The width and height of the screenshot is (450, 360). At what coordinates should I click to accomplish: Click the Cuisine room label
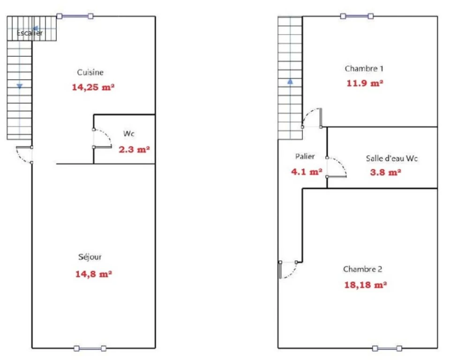[90, 72]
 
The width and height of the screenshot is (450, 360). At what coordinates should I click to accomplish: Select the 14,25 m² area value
[93, 87]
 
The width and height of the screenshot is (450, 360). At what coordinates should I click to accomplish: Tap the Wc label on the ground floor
[129, 134]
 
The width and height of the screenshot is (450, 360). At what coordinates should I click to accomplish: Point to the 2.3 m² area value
[135, 150]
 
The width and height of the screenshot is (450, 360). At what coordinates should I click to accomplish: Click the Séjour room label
[90, 257]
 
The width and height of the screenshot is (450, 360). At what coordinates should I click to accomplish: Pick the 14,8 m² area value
[94, 274]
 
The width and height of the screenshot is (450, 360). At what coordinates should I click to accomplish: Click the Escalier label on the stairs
[30, 33]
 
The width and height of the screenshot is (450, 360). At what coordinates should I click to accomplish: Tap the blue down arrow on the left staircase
[20, 86]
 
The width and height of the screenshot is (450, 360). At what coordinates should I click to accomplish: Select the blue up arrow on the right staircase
[290, 82]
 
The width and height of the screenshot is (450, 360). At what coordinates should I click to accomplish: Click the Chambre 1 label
[364, 68]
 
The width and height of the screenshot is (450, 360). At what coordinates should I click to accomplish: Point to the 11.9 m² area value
[365, 83]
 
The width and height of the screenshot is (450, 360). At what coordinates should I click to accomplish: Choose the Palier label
[305, 157]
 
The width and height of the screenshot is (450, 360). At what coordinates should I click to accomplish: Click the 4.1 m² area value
[307, 172]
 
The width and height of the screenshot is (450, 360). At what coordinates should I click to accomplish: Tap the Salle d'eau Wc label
[392, 158]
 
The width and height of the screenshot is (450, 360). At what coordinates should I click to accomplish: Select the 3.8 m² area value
[385, 172]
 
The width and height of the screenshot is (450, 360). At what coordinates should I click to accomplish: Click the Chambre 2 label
[362, 269]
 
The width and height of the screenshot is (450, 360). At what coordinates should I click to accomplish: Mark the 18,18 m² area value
[365, 285]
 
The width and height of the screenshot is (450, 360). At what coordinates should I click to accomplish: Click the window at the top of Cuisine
[75, 16]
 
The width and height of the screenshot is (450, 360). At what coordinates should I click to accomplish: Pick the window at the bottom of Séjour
[90, 349]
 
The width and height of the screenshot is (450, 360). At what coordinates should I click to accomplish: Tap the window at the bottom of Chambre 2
[387, 349]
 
